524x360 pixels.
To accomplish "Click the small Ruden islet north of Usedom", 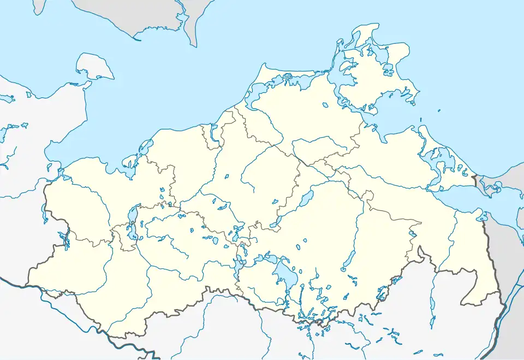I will tap(421, 120).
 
